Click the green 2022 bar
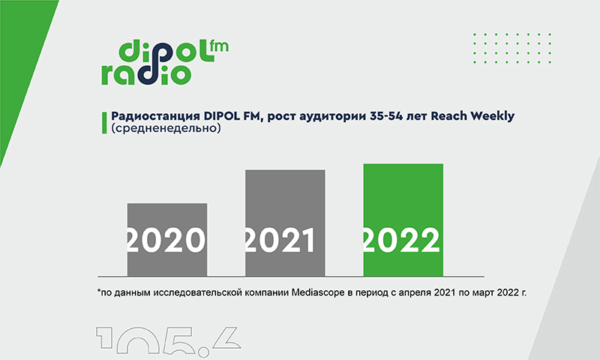coord(403,220)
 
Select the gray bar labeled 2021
coord(285,223)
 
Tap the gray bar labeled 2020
coord(167,240)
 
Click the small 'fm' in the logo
coord(219,46)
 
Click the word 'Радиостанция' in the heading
coord(156,116)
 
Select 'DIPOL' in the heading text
coord(222,116)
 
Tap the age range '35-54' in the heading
coord(386,116)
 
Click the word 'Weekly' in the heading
coord(493,116)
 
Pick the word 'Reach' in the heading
coord(448,116)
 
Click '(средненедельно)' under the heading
coord(166,128)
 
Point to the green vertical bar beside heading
coord(104,123)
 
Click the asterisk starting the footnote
coord(99,291)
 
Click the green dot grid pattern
coord(512,48)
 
